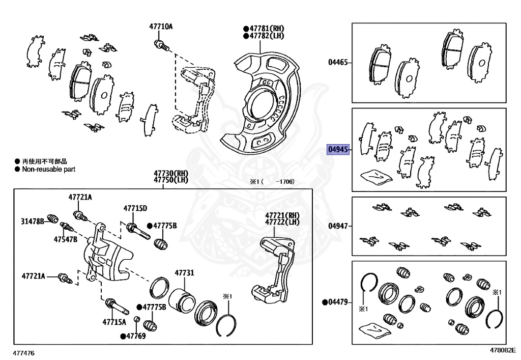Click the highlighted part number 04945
coord(338,150)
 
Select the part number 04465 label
coord(338,63)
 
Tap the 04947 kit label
coord(338,226)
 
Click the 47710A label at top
coord(161,26)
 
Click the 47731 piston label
coord(184,273)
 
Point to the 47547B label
coord(66,239)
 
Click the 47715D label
coord(135,208)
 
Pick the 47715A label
coord(114,322)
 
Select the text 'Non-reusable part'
coord(48,169)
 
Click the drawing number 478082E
coord(503,350)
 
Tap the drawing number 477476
coord(25,352)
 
